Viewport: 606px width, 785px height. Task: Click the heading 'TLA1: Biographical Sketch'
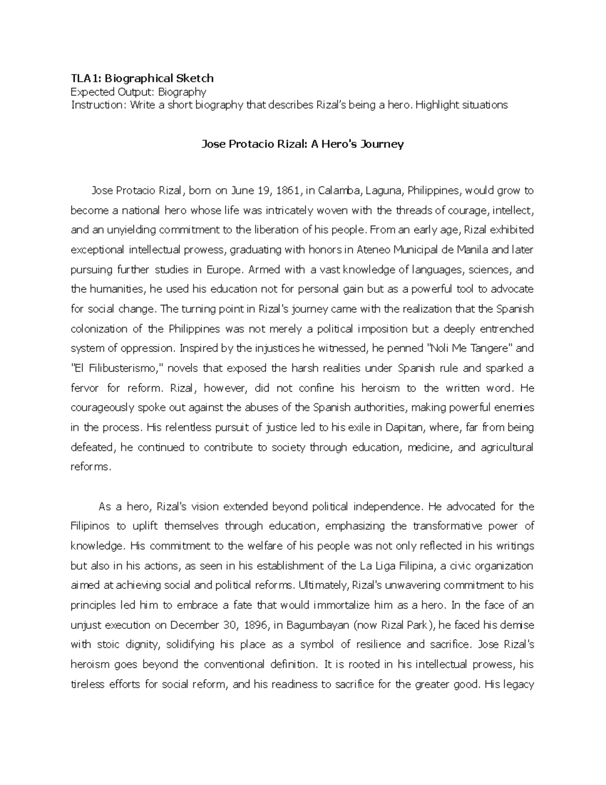coord(142,78)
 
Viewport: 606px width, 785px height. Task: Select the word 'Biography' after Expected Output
coord(181,92)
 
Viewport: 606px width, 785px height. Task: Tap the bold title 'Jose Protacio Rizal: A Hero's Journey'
coord(302,145)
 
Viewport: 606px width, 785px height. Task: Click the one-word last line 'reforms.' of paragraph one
coord(90,467)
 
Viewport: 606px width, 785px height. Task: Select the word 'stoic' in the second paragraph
coord(107,644)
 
